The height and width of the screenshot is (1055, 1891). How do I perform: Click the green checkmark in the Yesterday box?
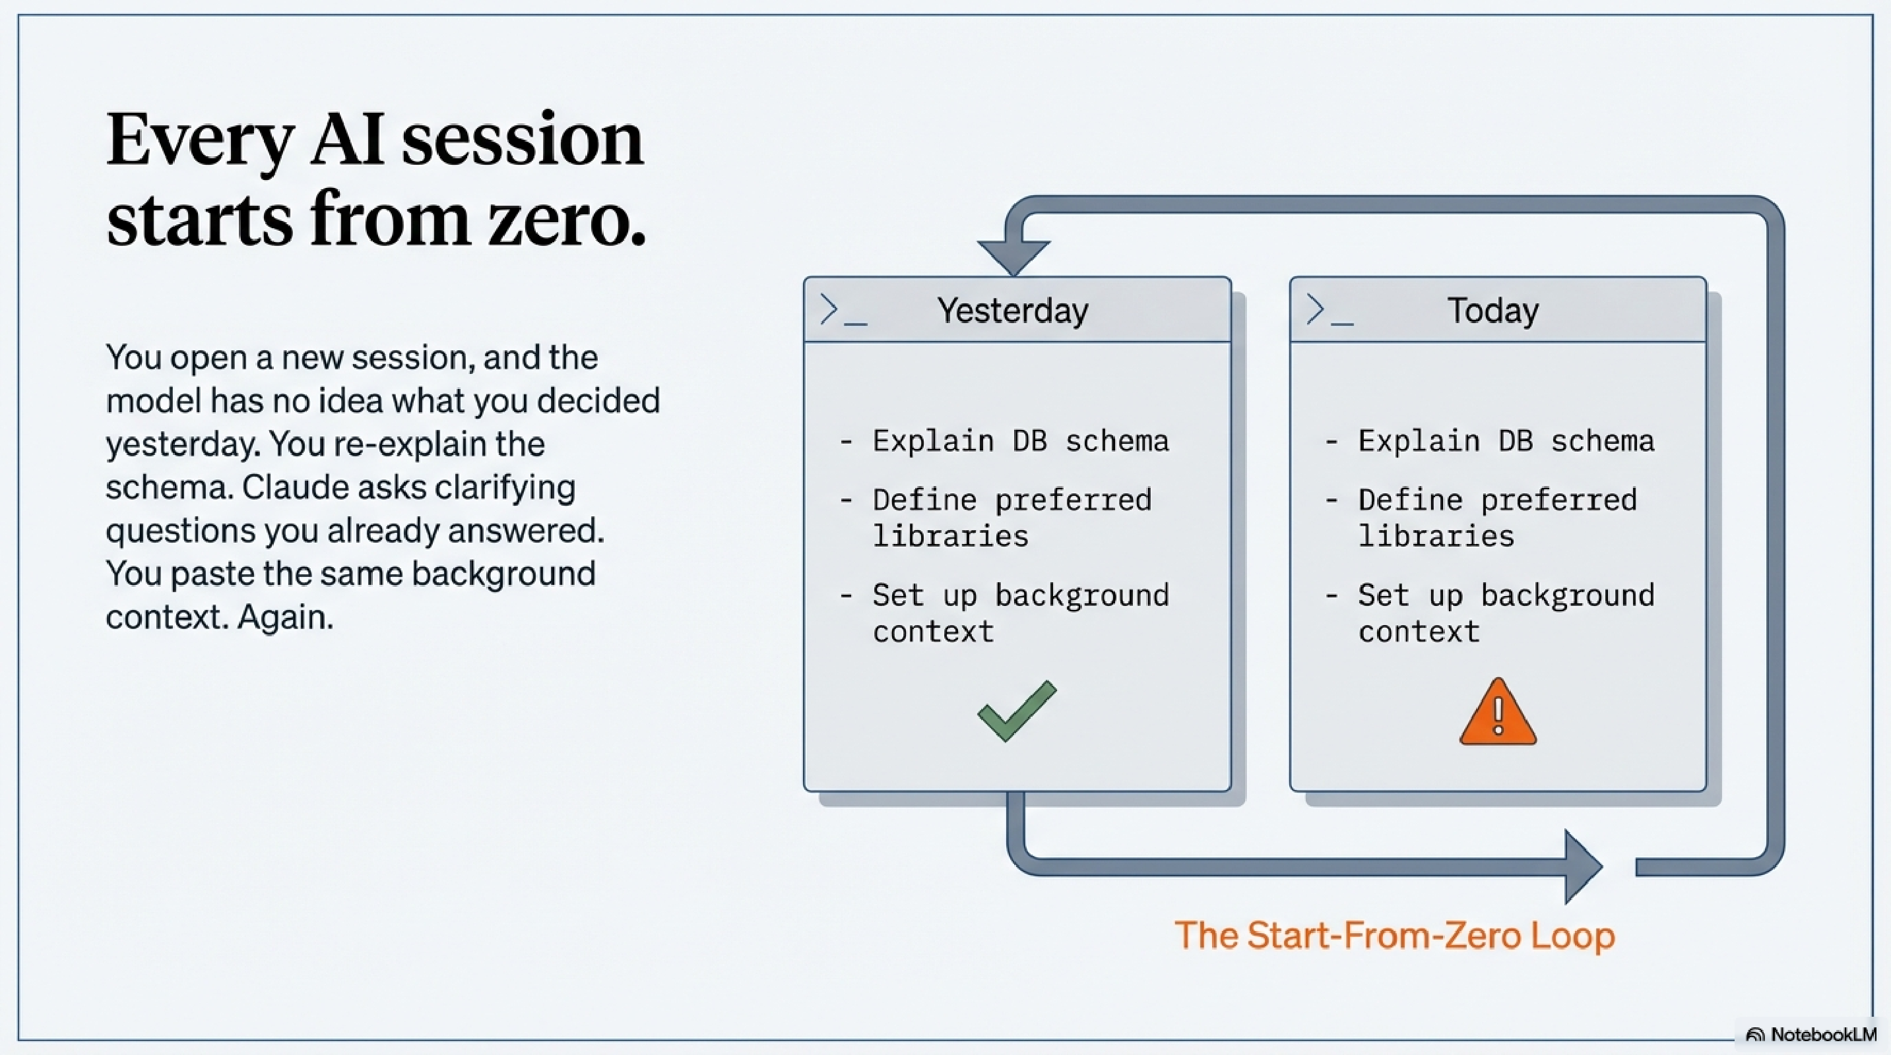click(1017, 711)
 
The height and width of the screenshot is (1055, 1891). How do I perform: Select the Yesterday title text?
click(1012, 311)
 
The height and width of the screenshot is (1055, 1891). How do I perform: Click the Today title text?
click(1492, 311)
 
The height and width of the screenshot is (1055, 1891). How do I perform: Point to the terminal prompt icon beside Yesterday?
click(842, 311)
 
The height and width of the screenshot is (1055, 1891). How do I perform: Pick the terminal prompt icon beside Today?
click(1329, 311)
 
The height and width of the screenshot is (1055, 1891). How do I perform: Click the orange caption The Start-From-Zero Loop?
click(1394, 936)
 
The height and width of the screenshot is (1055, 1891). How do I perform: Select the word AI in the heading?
click(346, 139)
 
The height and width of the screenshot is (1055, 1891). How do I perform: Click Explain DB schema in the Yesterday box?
click(1019, 441)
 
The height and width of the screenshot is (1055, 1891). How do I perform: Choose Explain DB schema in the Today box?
click(1506, 441)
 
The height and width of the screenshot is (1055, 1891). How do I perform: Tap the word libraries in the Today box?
click(1436, 536)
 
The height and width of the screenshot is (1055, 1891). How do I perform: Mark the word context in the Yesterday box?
click(933, 632)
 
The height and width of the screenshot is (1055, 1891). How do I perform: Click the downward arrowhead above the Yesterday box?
click(1013, 256)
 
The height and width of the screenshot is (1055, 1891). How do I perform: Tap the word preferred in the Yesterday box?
click(1072, 500)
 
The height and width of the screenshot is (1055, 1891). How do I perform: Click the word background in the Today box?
click(1567, 595)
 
